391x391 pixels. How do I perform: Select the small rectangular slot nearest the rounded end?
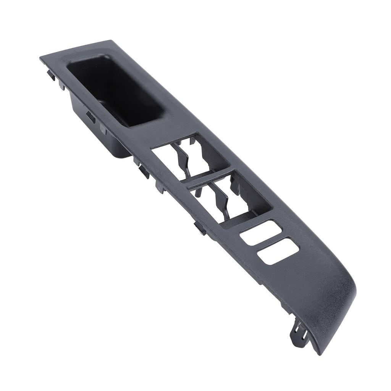[278, 251]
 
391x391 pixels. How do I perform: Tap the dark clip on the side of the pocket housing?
[91, 116]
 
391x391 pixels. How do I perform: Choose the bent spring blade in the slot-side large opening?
[221, 199]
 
